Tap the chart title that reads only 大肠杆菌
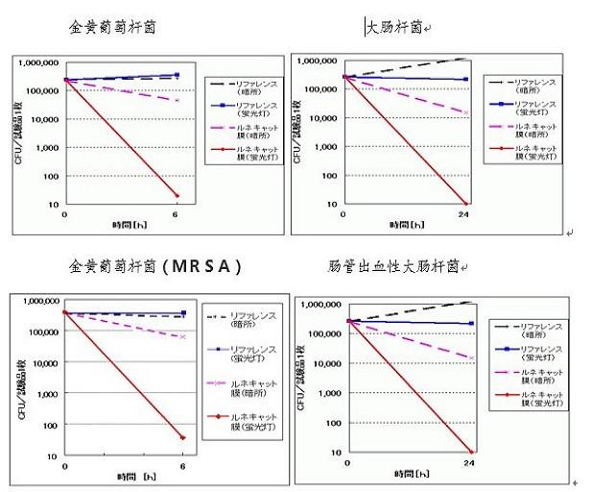tap(393, 28)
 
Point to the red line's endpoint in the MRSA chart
tap(182, 438)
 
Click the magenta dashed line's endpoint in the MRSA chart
tap(182, 336)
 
